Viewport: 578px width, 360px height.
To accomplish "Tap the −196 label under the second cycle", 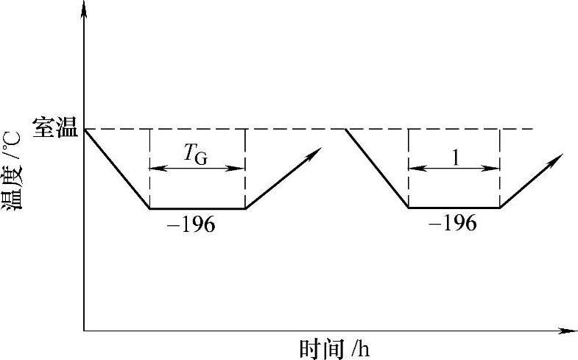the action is click(452, 223).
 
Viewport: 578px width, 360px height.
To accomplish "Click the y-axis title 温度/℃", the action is click(13, 177).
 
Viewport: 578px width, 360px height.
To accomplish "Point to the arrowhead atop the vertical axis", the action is click(85, 7).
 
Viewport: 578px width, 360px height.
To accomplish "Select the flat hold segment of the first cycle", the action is click(197, 208).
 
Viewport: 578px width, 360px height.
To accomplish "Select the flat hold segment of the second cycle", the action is click(454, 208).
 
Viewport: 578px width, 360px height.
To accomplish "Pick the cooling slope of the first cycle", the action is click(117, 169).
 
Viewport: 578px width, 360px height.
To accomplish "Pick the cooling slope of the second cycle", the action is click(377, 169).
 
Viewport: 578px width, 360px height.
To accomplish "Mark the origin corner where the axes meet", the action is click(85, 331).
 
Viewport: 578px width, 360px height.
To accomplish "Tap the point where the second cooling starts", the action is click(345, 129).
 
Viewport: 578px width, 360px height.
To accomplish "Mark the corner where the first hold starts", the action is click(150, 208).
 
